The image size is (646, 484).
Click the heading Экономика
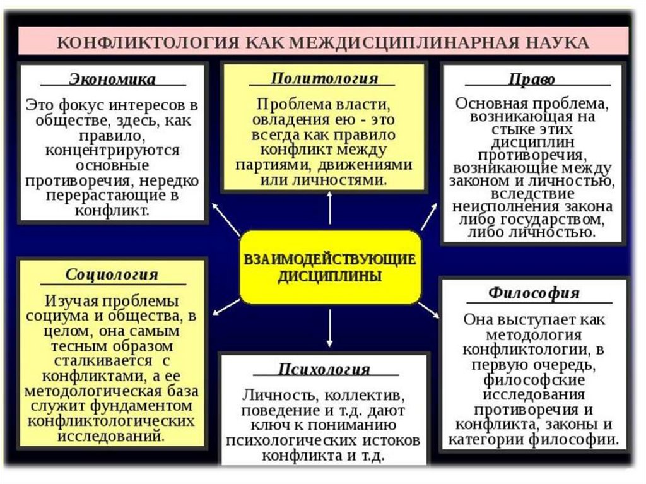pyautogui.click(x=112, y=80)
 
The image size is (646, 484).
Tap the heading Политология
pyautogui.click(x=324, y=79)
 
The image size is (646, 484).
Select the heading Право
pyautogui.click(x=532, y=80)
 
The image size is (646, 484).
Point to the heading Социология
pyautogui.click(x=112, y=275)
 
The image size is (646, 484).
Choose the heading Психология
pyautogui.click(x=324, y=369)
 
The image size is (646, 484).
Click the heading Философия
pyautogui.click(x=534, y=293)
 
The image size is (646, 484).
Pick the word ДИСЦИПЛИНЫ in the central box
pyautogui.click(x=329, y=276)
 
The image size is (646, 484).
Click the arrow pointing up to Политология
pyautogui.click(x=329, y=208)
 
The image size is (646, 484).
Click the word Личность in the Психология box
pyautogui.click(x=272, y=396)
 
